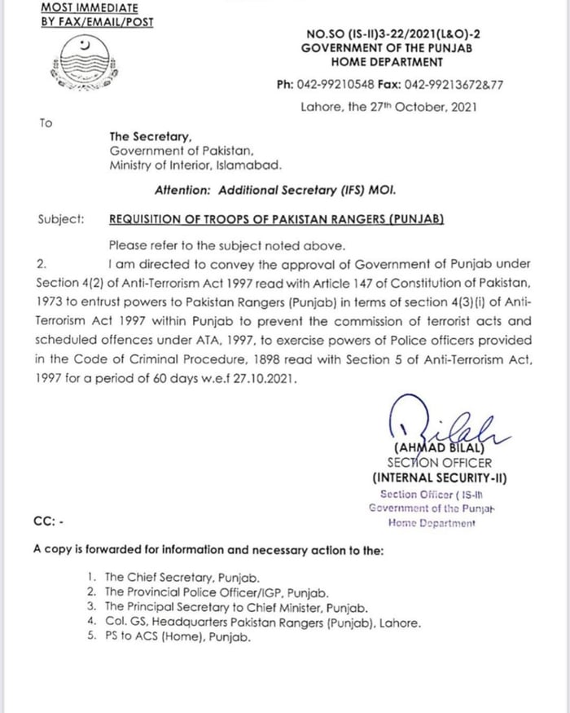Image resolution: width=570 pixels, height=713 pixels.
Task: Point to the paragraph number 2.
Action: click(x=44, y=263)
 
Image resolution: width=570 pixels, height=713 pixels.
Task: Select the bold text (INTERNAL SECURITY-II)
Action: click(x=439, y=478)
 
